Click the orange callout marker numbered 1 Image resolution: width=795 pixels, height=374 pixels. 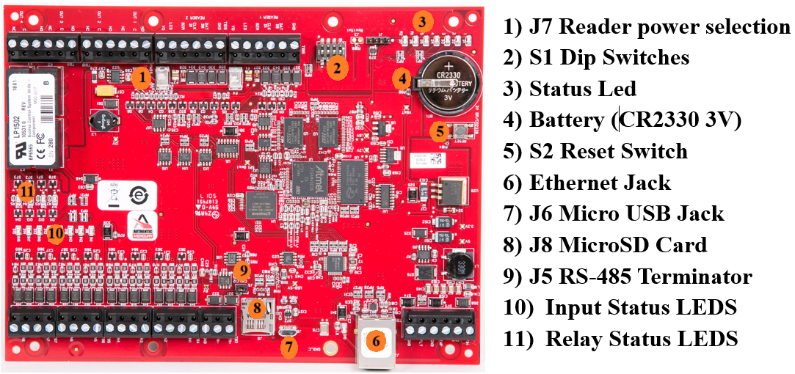pos(142,76)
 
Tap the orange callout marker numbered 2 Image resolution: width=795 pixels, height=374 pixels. pos(336,68)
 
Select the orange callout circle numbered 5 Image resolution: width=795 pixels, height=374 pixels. pos(438,132)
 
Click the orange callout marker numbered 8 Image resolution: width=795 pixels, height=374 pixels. pos(255,308)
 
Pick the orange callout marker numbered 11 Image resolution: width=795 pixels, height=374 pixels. pos(27,191)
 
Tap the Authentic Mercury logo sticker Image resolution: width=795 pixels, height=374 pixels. pos(143,224)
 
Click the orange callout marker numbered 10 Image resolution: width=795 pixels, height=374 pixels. pos(56,235)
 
